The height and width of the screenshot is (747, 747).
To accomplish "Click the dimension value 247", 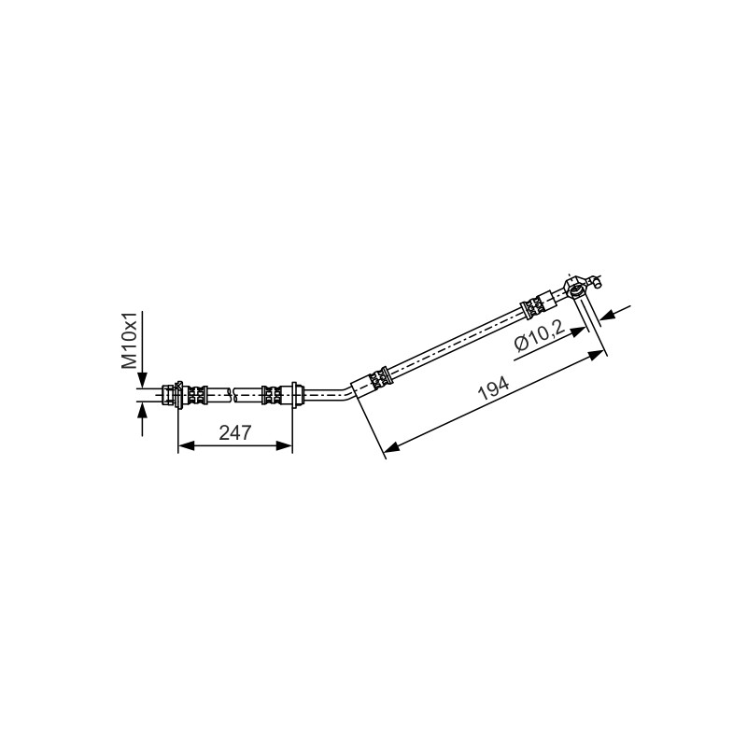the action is tap(234, 432).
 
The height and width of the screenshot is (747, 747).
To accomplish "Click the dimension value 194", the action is tap(494, 389).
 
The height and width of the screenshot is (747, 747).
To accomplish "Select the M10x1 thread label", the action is tap(129, 340).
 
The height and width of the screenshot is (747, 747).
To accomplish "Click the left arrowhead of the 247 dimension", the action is tap(186, 445).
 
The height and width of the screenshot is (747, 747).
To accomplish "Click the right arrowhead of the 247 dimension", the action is tap(284, 445).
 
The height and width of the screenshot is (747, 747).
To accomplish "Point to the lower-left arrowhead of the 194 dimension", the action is tap(391, 447).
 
